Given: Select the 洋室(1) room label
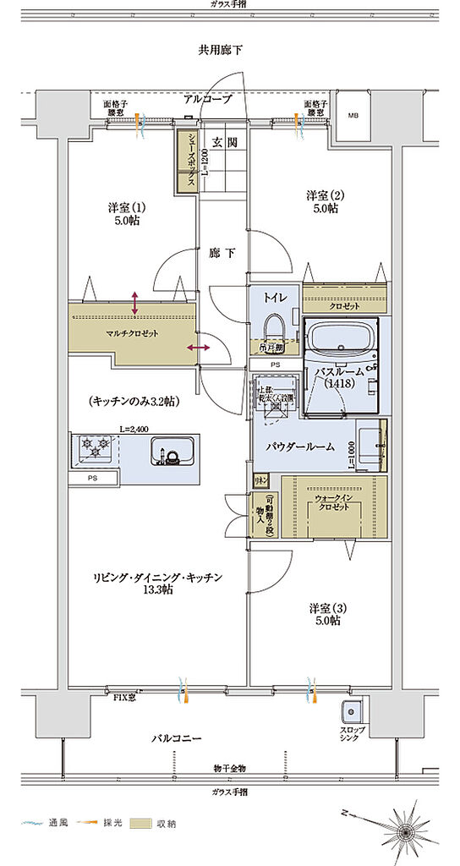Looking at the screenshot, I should point(123,214).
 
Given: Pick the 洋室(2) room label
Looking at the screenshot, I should point(322,202).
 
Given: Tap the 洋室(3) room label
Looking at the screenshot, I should point(325,614).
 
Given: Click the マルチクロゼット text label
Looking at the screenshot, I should point(134,332).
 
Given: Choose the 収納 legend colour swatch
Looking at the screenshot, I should point(140,823).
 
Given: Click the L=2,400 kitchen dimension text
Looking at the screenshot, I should point(134,430).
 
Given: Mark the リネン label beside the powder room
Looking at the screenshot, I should point(260,480).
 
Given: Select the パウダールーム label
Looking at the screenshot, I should point(299,446).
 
